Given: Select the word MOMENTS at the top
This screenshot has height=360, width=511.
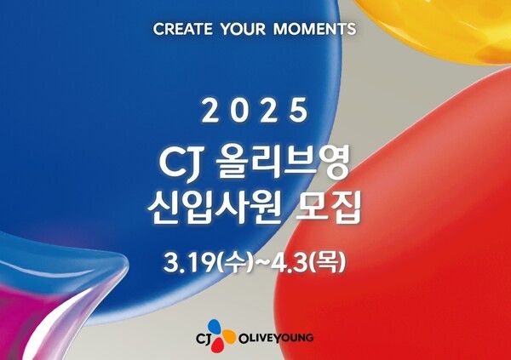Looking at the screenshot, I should tap(316, 29).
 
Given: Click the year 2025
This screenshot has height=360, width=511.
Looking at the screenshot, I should tap(255, 110).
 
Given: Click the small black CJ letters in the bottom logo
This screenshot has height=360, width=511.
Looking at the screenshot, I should tap(204, 338).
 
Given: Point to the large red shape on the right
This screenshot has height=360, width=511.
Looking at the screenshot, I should tap(409, 230).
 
